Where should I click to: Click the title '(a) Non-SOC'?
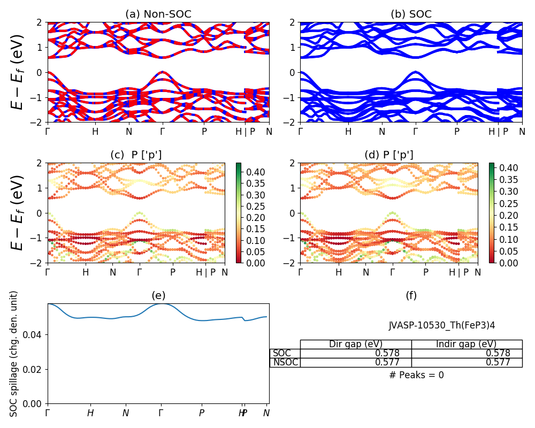pyautogui.click(x=158, y=14)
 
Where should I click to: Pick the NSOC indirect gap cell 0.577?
pyautogui.click(x=498, y=362)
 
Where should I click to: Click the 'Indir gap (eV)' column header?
pyautogui.click(x=466, y=344)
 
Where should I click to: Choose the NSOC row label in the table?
pyautogui.click(x=285, y=362)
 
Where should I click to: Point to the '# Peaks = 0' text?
pyautogui.click(x=416, y=375)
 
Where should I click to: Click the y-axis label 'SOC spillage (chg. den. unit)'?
pyautogui.click(x=14, y=354)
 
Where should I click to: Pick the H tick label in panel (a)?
pyautogui.click(x=95, y=132)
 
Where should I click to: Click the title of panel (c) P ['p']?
pyautogui.click(x=136, y=155)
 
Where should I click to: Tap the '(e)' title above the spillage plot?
pyautogui.click(x=158, y=296)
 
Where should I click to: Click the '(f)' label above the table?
pyautogui.click(x=411, y=296)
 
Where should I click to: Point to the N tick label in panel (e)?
pyautogui.click(x=126, y=413)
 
